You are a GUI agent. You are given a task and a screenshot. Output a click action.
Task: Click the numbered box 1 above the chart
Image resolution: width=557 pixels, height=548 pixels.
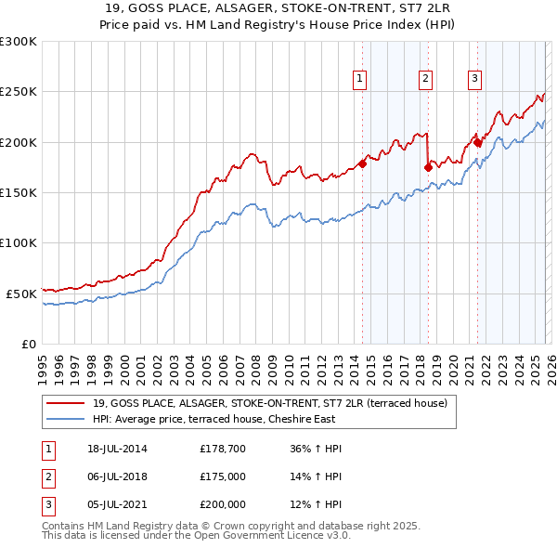point(358,80)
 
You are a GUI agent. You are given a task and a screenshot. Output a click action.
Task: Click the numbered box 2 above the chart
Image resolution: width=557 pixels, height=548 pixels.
point(424,80)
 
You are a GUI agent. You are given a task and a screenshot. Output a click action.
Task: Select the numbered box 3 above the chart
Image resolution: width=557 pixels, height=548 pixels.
point(474,80)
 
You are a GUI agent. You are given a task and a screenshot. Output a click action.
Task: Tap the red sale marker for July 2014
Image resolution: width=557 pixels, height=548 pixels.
point(362,164)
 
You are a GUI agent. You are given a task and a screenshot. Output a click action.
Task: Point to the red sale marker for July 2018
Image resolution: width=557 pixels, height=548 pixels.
point(428,168)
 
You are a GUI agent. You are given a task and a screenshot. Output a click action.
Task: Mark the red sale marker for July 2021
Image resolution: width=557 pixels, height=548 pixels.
point(477,142)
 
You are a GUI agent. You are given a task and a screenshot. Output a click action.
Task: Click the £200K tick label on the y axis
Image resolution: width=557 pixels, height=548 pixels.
point(19,142)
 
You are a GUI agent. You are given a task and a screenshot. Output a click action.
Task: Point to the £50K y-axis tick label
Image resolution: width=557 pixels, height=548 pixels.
point(21,294)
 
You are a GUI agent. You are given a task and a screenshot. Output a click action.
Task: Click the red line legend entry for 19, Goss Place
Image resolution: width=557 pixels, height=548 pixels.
point(270,403)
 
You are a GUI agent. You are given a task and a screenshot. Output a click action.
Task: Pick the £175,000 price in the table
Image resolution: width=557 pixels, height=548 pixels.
point(223,476)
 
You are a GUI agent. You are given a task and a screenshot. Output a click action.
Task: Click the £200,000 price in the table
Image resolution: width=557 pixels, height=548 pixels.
point(223,504)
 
